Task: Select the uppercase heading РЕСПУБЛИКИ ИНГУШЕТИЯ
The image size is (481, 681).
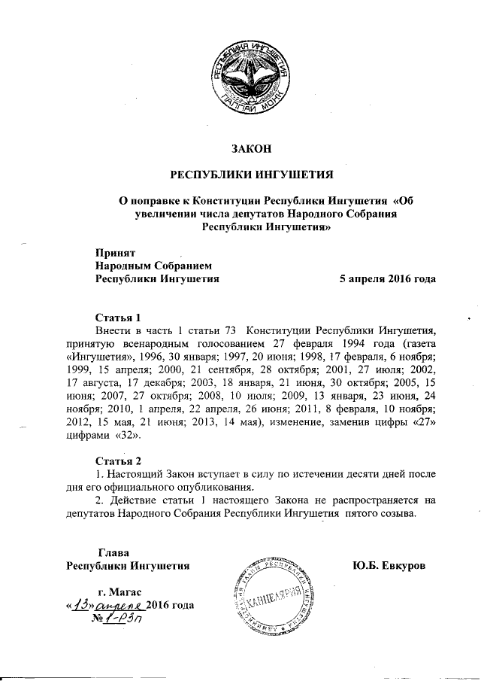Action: [249, 176]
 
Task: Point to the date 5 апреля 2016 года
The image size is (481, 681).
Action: [388, 278]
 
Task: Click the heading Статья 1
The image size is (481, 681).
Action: [118, 316]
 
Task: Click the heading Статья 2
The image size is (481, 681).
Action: [118, 461]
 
